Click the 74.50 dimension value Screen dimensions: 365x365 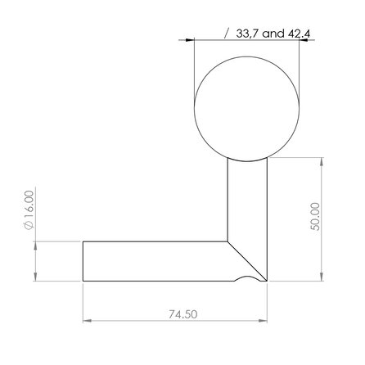[177, 313]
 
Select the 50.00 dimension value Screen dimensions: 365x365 [315, 219]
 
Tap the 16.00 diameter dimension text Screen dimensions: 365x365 [29, 210]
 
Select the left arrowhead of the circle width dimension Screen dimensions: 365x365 [189, 38]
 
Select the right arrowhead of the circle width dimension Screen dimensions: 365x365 [302, 38]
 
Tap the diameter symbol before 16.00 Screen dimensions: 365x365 [29, 227]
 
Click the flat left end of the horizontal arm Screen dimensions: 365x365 [83, 260]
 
